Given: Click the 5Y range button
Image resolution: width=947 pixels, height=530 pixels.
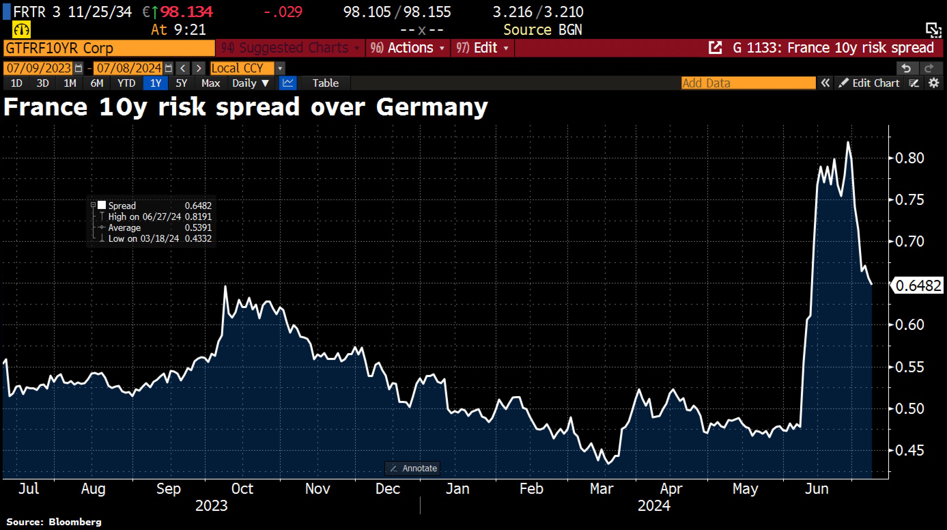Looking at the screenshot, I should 181,83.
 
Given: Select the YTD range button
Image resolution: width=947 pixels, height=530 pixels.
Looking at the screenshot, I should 126,83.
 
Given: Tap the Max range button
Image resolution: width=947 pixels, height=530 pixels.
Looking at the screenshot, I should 210,83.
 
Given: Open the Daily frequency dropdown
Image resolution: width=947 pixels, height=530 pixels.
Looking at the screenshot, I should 250,83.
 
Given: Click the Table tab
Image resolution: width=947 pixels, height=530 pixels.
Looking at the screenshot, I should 325,83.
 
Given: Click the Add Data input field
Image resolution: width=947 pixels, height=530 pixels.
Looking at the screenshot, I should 748,83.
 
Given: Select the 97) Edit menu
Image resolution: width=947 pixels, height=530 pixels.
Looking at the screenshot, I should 482,48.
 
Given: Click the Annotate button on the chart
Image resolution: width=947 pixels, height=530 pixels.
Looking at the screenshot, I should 413,468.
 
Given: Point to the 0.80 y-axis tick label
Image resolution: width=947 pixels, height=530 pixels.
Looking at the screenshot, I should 909,158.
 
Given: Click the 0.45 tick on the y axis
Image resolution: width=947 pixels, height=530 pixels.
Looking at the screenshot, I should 909,450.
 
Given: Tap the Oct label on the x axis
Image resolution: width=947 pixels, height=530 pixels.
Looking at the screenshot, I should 242,489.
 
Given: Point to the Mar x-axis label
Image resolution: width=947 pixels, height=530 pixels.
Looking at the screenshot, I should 602,489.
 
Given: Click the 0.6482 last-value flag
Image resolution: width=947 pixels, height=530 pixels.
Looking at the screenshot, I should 918,285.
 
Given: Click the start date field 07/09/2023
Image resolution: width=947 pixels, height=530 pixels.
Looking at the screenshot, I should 39,68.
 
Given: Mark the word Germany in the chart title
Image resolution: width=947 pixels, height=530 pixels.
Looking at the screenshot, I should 432,107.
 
